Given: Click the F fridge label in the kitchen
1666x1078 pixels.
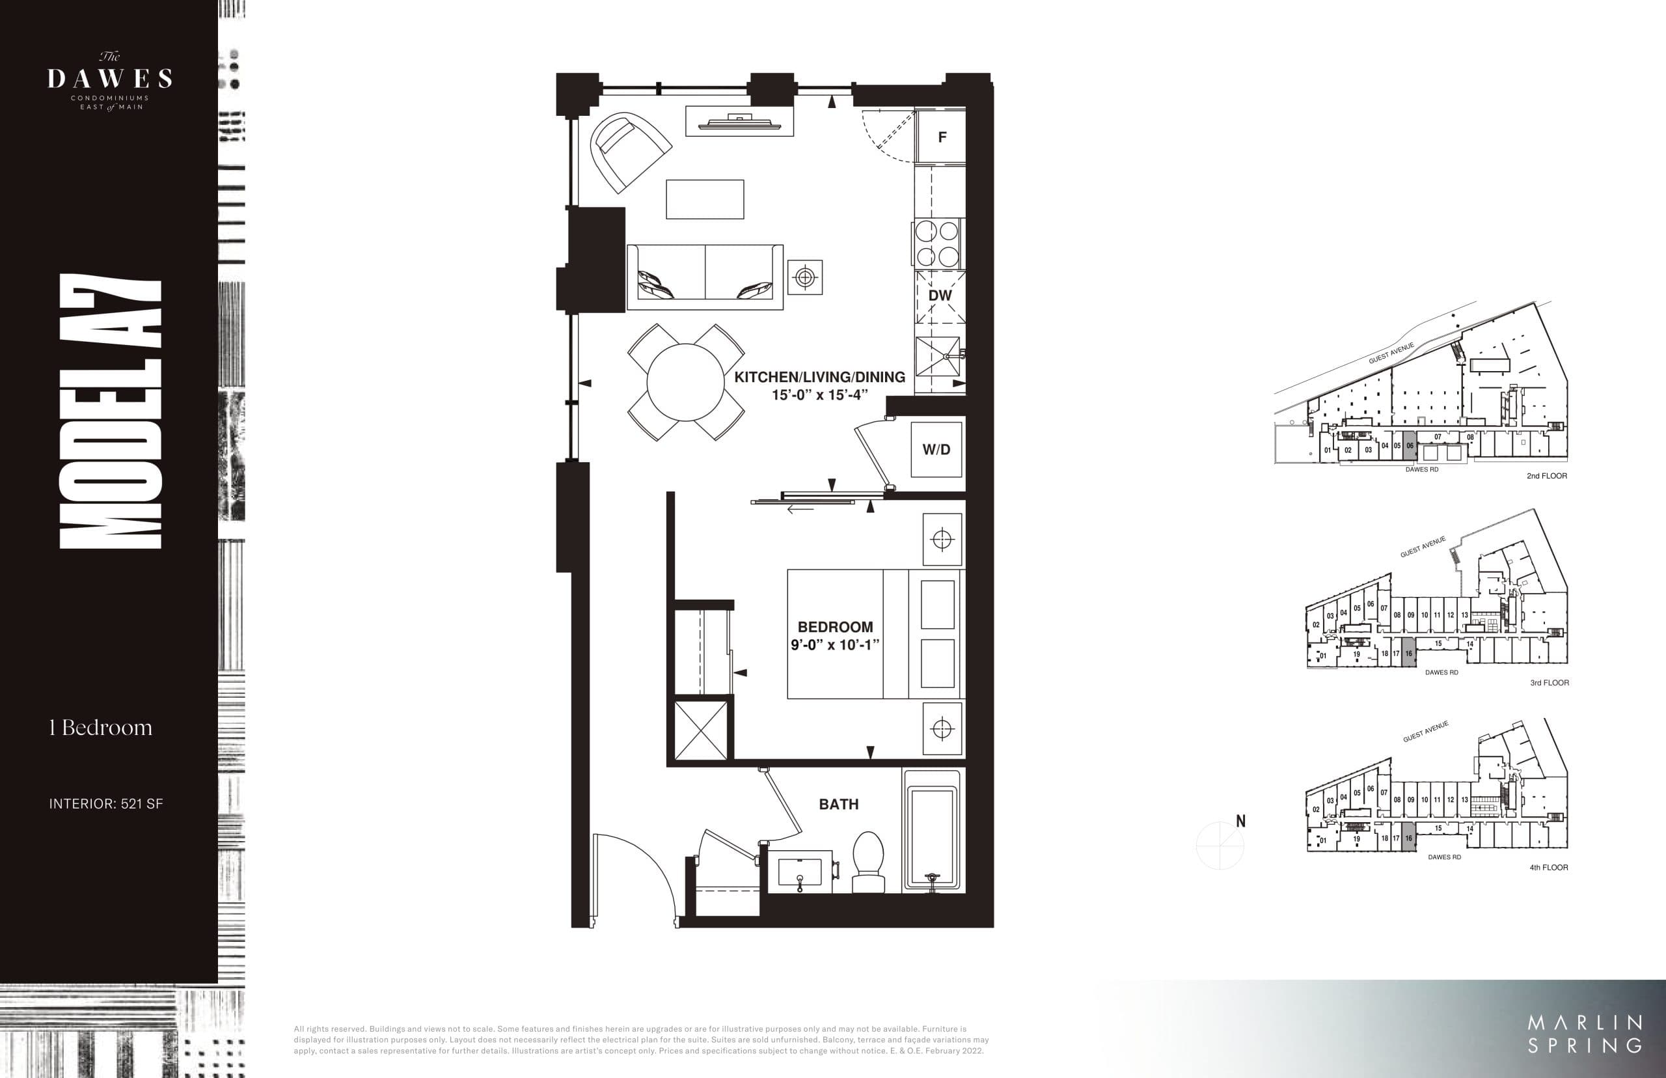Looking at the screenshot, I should pyautogui.click(x=942, y=137).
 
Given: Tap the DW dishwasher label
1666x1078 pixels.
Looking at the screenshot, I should pyautogui.click(x=940, y=296).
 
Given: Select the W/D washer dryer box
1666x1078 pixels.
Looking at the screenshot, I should pyautogui.click(x=936, y=449).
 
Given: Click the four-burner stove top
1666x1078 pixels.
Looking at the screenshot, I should pyautogui.click(x=938, y=243).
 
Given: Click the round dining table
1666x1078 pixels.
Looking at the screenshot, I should pyautogui.click(x=685, y=382).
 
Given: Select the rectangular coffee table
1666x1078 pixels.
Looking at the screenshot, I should pyautogui.click(x=705, y=199).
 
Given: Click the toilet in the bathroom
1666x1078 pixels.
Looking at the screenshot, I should pyautogui.click(x=867, y=863).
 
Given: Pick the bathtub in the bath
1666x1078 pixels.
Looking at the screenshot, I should pyautogui.click(x=931, y=831).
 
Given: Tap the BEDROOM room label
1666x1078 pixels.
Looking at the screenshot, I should pyautogui.click(x=835, y=627).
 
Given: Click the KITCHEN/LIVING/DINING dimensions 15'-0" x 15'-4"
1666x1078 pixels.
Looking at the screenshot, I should pyautogui.click(x=819, y=394).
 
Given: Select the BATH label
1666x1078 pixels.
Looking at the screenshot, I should pyautogui.click(x=838, y=805).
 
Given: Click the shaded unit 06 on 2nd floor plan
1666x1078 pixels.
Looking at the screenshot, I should pyautogui.click(x=1409, y=447).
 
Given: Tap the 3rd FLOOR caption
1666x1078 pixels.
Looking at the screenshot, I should pyautogui.click(x=1549, y=682).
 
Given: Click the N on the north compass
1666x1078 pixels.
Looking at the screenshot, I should pyautogui.click(x=1240, y=820).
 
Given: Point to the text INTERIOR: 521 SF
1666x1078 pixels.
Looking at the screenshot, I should pyautogui.click(x=105, y=803).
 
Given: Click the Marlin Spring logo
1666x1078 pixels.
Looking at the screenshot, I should pyautogui.click(x=1585, y=1034).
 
